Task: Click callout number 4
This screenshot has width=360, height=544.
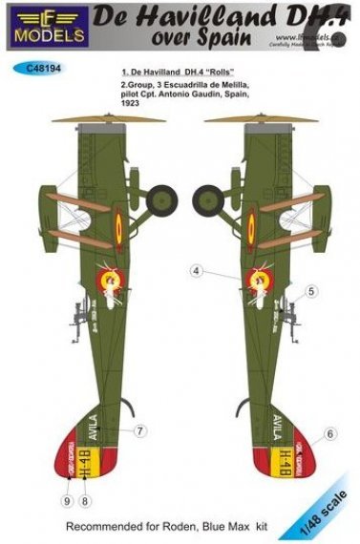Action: pyautogui.click(x=196, y=272)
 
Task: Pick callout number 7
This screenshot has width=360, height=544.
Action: pyautogui.click(x=139, y=430)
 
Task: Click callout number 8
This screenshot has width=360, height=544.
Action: pyautogui.click(x=85, y=500)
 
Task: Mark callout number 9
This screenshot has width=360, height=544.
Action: pyautogui.click(x=66, y=500)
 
